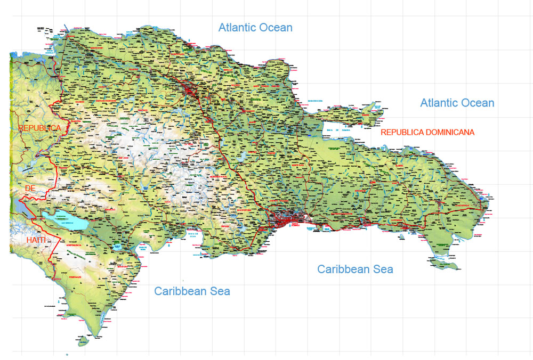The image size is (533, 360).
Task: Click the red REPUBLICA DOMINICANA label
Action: point(427,132)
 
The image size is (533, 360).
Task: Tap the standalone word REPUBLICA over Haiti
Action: point(40,128)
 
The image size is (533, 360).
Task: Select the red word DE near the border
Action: point(30,189)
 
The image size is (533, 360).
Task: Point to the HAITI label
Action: point(36,241)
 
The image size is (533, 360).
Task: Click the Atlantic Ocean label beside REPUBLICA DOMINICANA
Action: point(457,103)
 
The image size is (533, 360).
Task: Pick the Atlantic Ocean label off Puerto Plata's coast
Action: point(255,27)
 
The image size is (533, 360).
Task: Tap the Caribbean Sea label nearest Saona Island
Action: point(355,269)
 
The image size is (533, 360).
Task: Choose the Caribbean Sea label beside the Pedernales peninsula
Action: point(192,291)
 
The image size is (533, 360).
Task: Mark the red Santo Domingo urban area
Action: point(288,219)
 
